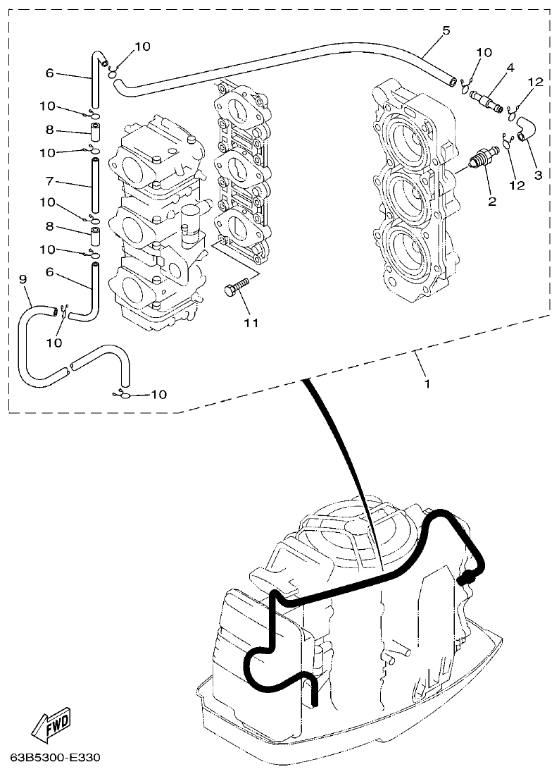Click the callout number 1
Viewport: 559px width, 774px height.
[x=427, y=384]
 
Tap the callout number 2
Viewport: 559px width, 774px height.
[x=492, y=202]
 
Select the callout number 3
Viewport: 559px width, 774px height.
[x=537, y=174]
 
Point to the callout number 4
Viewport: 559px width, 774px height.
[x=510, y=67]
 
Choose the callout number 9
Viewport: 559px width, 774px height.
[x=23, y=280]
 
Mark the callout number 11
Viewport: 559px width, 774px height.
[x=251, y=323]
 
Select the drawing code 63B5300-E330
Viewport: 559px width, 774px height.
[x=56, y=758]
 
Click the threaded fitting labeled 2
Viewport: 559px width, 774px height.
[x=482, y=156]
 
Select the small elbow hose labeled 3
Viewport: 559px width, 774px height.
[x=525, y=128]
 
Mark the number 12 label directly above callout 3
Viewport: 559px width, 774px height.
[x=535, y=82]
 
